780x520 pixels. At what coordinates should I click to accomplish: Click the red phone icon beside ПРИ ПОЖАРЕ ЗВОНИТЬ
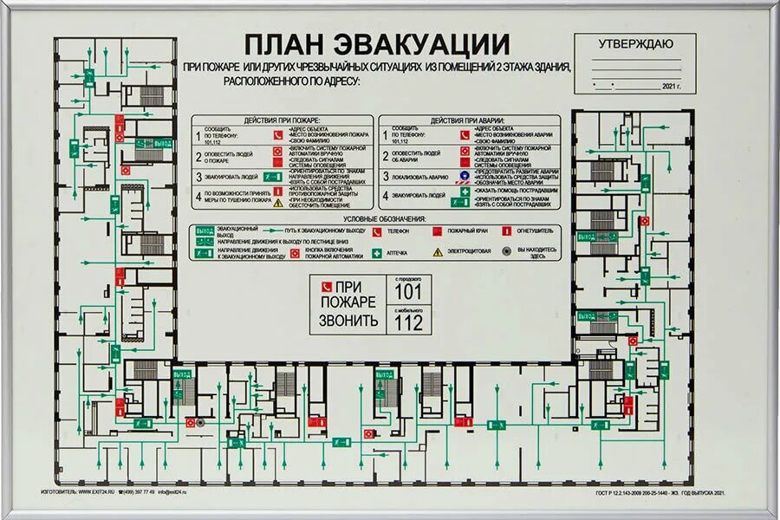click(327, 286)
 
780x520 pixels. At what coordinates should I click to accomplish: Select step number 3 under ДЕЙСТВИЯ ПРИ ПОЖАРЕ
click(198, 177)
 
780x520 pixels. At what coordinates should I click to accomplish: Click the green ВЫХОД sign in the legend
click(204, 232)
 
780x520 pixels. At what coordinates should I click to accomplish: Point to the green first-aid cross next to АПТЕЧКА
click(377, 252)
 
